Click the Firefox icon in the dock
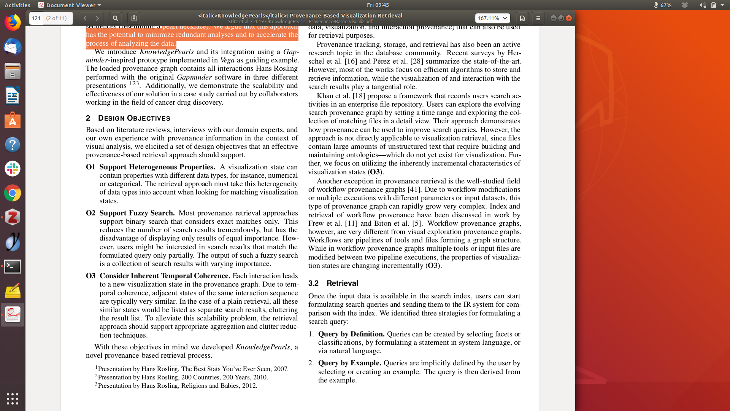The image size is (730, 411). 13,23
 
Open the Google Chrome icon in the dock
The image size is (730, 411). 13,193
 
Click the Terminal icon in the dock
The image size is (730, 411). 13,267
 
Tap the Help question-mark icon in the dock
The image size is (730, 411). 13,145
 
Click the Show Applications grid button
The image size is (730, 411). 13,398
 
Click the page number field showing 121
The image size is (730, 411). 36,18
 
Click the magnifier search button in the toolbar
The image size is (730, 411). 116,18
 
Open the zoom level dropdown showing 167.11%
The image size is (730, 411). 492,18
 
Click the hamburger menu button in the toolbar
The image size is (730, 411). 538,18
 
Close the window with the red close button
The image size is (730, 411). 569,18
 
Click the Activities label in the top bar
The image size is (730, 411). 17,5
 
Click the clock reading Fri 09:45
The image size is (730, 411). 378,5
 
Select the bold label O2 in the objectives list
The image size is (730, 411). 90,213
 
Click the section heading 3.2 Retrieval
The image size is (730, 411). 333,284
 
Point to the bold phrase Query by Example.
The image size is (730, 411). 349,363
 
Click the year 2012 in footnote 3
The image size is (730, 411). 249,386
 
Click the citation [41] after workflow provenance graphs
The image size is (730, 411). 414,190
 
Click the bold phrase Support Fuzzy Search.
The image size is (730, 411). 137,213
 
